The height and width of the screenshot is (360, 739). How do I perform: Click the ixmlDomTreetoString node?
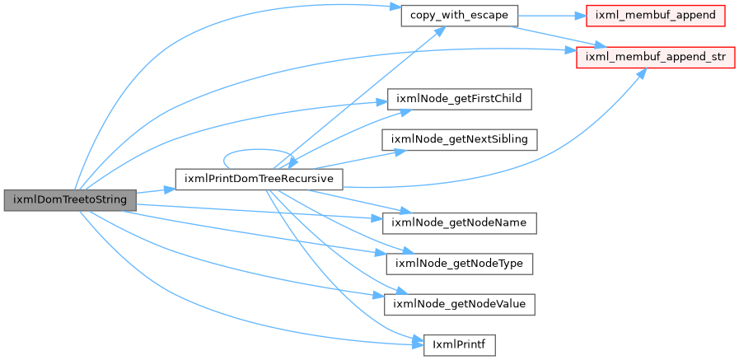(x=70, y=200)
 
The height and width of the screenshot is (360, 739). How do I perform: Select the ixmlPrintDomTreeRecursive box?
(x=259, y=179)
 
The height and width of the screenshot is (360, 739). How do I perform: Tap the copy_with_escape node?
(x=459, y=16)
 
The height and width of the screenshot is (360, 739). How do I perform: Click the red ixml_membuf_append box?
(x=655, y=16)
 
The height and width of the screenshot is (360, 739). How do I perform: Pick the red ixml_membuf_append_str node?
(x=656, y=57)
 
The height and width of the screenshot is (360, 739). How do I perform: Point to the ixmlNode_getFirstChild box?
(x=459, y=99)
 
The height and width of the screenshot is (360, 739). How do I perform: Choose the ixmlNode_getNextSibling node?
(x=459, y=139)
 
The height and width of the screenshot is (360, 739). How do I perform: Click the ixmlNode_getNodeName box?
(x=459, y=222)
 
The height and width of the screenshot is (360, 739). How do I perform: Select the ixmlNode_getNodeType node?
(x=459, y=264)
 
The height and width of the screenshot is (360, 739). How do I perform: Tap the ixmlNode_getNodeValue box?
(x=459, y=304)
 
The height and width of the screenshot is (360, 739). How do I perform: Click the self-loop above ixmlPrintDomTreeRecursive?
(x=258, y=150)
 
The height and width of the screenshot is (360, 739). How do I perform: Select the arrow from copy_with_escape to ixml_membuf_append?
(x=551, y=16)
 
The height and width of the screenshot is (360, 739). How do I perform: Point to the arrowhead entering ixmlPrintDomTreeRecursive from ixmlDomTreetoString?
(x=169, y=190)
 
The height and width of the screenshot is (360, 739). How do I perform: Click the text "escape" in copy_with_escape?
(x=491, y=16)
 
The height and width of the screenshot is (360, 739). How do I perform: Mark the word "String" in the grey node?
(x=112, y=200)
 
